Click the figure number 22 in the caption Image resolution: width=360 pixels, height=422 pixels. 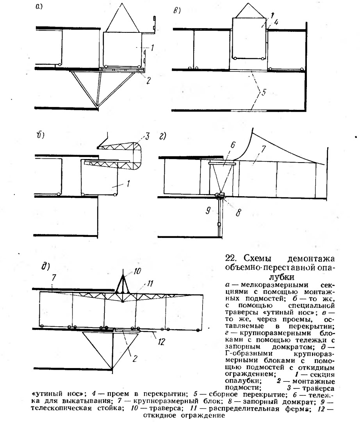coord(230,258)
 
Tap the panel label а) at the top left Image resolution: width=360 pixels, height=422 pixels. coord(39,7)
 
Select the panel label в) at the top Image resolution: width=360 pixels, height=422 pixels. coord(177,11)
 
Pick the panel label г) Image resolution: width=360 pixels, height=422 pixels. coord(163,136)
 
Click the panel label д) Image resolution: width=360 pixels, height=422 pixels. coord(46,266)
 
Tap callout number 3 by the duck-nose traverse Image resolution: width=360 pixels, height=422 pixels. coord(147,136)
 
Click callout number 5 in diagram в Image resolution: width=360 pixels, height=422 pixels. coord(264,92)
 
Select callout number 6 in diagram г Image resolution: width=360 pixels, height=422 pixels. coord(233,145)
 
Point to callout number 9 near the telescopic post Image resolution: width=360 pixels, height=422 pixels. coord(208,211)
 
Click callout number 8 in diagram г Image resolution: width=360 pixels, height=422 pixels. coord(239,213)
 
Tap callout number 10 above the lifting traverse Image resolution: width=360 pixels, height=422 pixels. coord(137,271)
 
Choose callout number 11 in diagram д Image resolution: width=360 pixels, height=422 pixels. coord(150,283)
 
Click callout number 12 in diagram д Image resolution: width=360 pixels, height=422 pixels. coord(161,342)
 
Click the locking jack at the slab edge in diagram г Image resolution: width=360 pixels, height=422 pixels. coord(221,195)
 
